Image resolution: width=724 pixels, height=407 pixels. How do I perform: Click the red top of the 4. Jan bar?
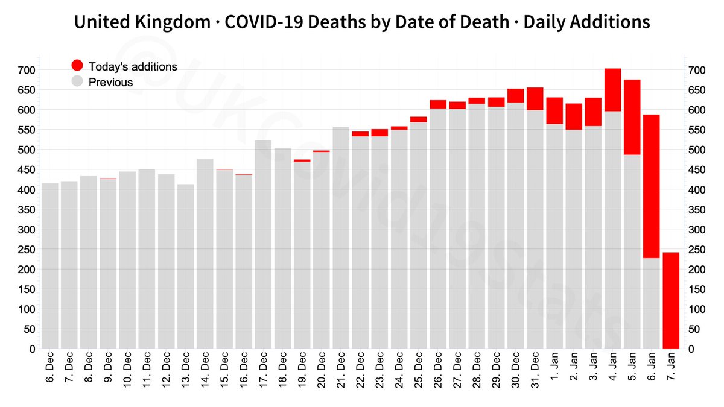click(612, 90)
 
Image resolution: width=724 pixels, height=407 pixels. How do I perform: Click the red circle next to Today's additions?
click(77, 66)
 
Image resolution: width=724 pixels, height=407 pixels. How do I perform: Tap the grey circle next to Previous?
click(77, 82)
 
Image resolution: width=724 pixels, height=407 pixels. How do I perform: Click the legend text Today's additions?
click(133, 66)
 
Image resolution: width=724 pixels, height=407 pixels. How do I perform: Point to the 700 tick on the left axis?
click(28, 71)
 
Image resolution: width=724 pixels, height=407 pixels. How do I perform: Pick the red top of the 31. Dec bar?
click(535, 98)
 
